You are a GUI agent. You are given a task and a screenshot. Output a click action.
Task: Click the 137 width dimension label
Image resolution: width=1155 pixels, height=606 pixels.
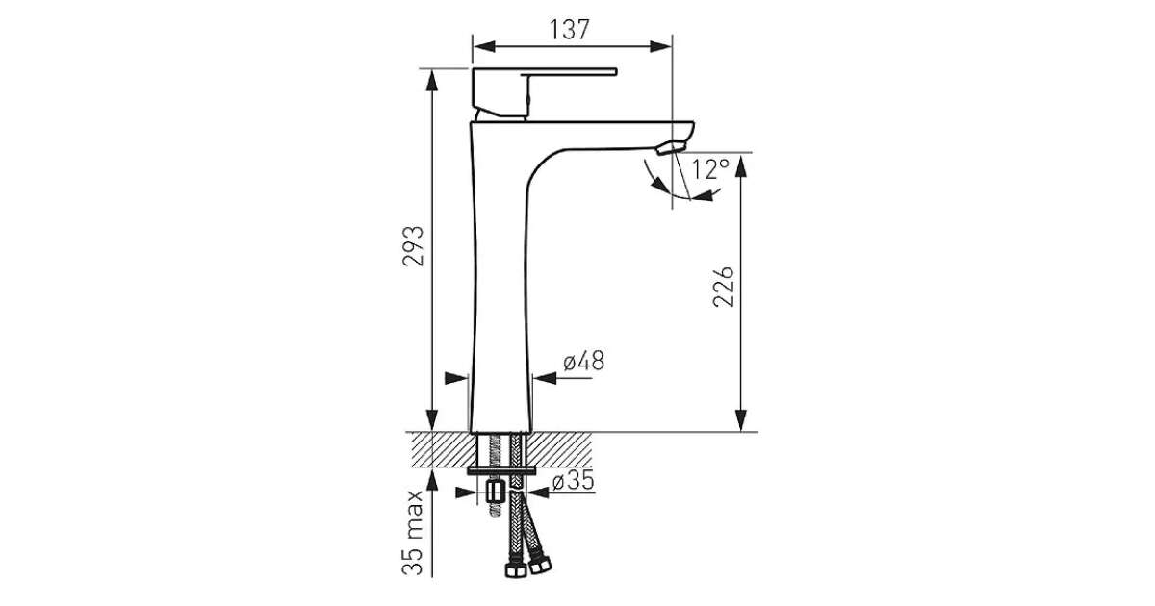pos(569,30)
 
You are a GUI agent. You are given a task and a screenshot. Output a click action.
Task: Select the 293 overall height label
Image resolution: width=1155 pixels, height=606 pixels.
pos(413,246)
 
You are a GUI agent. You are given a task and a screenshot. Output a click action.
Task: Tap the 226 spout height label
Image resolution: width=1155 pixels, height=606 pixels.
pos(724,287)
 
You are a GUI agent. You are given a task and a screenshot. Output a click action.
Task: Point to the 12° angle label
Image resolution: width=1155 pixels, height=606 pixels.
pos(710,169)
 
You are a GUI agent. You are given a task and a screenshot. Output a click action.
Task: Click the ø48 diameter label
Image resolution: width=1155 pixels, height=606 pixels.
pos(583,362)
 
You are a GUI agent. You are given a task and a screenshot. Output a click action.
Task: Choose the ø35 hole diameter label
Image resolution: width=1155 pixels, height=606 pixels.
pos(574,481)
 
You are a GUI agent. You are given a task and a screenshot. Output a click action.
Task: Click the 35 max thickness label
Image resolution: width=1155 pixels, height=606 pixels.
pos(413,533)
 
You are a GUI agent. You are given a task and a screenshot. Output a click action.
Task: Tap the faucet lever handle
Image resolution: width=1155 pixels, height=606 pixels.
pos(544,92)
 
